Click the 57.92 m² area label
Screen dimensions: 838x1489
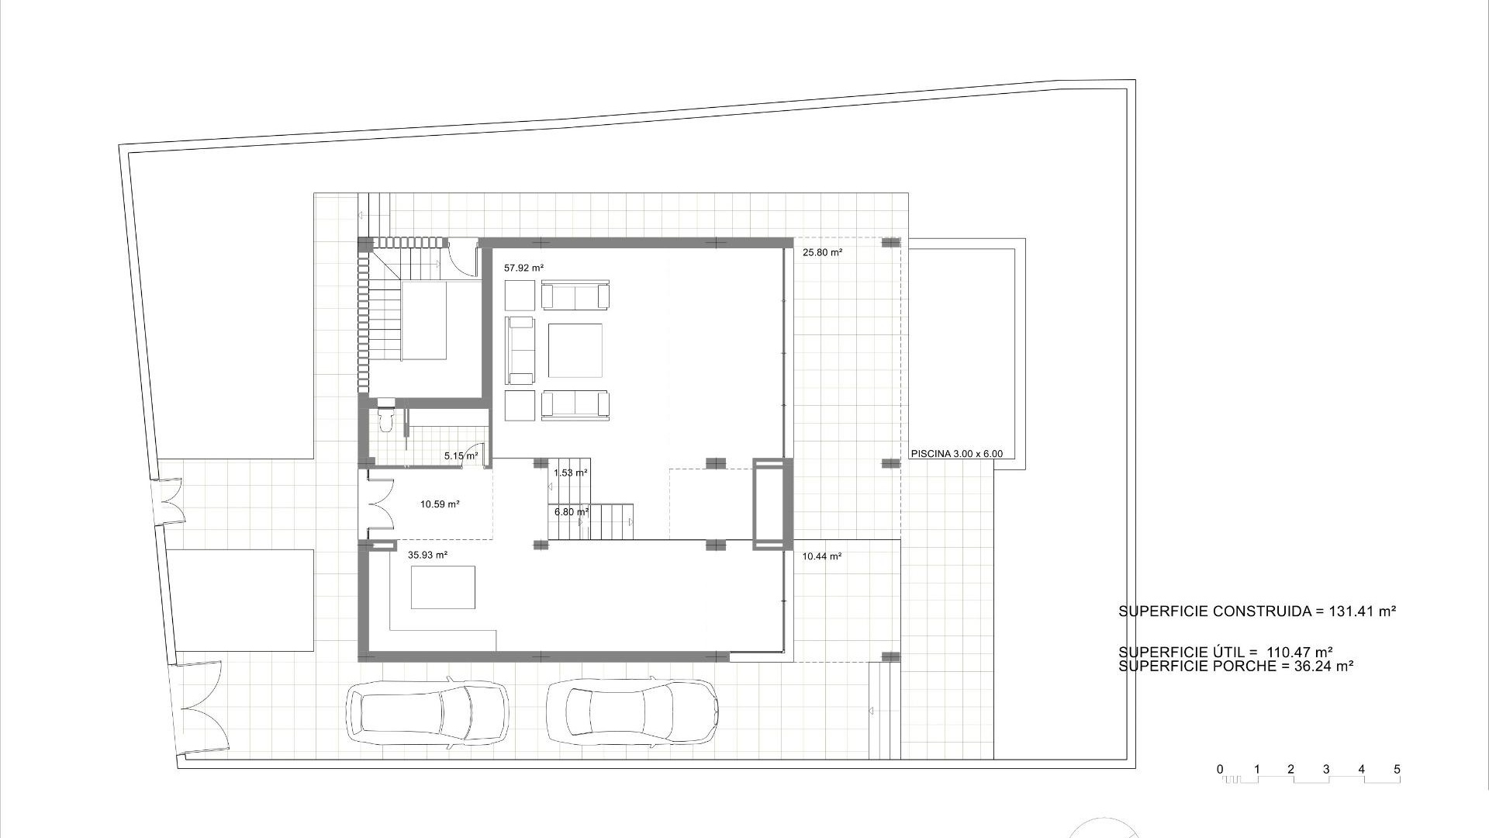(x=523, y=268)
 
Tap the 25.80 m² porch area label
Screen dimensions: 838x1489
(x=822, y=252)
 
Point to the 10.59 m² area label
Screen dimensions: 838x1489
(x=440, y=504)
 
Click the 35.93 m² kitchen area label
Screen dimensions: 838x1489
(x=427, y=555)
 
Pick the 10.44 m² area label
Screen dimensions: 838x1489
(x=822, y=556)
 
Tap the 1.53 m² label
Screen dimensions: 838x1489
(x=570, y=473)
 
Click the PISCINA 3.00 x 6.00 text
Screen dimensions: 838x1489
(x=957, y=454)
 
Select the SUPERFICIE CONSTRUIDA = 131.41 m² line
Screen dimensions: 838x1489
(x=1256, y=611)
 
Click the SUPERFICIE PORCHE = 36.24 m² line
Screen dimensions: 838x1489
(x=1236, y=666)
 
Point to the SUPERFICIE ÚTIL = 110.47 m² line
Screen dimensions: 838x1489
(x=1225, y=653)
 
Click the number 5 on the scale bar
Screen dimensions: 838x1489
(x=1397, y=770)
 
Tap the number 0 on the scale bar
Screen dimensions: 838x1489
(x=1220, y=770)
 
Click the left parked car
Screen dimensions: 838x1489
(x=428, y=713)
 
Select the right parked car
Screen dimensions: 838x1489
(x=631, y=713)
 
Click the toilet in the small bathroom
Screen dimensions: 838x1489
(x=385, y=417)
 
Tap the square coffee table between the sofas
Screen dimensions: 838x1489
(x=575, y=351)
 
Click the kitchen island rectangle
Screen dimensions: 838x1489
(x=443, y=587)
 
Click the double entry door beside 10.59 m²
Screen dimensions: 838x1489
(x=380, y=504)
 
